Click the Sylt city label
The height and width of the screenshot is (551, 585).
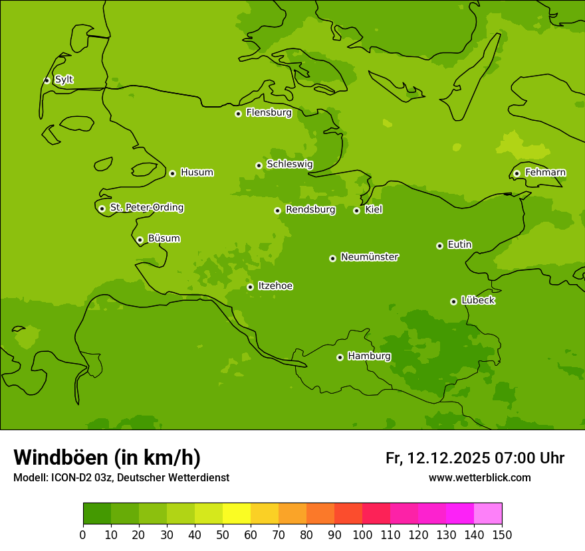click(x=64, y=80)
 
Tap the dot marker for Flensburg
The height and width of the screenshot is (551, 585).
click(x=238, y=114)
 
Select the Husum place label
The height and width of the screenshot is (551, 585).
click(x=197, y=173)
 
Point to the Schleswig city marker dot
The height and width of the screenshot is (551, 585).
click(x=259, y=165)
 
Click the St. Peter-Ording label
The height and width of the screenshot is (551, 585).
click(x=147, y=208)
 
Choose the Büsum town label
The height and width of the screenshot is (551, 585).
click(x=164, y=238)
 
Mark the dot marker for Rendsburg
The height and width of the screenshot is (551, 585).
click(x=277, y=210)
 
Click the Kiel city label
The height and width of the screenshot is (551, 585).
click(x=374, y=210)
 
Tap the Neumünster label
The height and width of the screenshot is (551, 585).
click(x=370, y=257)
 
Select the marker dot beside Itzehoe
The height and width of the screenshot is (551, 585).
click(x=250, y=287)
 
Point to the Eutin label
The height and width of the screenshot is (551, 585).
click(x=459, y=245)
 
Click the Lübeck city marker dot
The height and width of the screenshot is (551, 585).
click(x=453, y=301)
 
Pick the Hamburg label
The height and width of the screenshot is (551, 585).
click(x=369, y=356)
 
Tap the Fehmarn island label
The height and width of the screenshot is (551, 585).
click(x=545, y=173)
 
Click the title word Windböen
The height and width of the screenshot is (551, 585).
click(x=60, y=457)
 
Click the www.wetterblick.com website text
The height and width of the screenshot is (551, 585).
click(x=479, y=477)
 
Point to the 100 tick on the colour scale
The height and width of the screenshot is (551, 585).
click(x=362, y=534)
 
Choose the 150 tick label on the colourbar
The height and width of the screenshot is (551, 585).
click(x=502, y=534)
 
